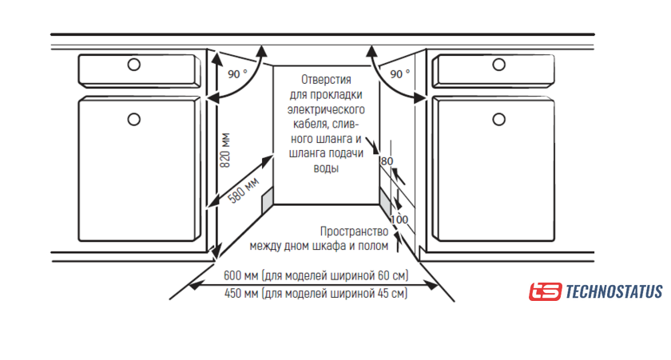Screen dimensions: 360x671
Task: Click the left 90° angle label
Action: [x=237, y=74]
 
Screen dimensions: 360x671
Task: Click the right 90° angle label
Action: [x=400, y=74]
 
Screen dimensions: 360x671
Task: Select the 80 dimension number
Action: [x=387, y=161]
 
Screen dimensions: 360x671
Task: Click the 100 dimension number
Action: [x=399, y=220]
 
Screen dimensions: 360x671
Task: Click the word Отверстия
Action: [x=327, y=80]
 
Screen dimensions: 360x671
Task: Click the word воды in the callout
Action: [x=325, y=169]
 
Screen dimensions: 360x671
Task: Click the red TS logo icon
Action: [x=546, y=292]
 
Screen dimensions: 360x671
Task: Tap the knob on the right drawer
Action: [x=490, y=65]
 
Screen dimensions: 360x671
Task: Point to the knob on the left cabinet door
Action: [x=133, y=120]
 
